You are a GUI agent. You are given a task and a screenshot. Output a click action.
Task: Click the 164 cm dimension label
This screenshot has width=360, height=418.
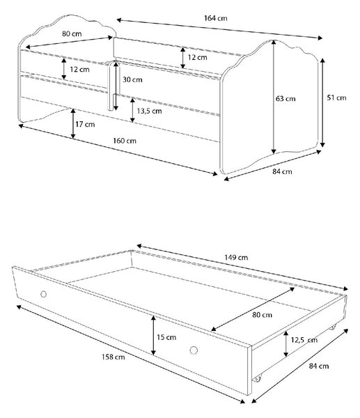(216, 18)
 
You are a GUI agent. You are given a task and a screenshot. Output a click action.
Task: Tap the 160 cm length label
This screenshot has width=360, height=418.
(125, 141)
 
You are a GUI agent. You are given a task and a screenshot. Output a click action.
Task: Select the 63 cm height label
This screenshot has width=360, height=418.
(285, 99)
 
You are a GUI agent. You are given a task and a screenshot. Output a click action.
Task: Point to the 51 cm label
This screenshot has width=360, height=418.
(336, 98)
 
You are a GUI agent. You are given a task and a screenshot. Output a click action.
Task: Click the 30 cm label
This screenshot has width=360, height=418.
(132, 79)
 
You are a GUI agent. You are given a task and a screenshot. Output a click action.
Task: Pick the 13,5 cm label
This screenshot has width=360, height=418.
(149, 111)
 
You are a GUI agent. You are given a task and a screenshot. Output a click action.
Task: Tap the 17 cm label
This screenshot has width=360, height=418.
(85, 124)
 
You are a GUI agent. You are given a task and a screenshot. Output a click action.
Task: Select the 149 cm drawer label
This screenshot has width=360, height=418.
(236, 257)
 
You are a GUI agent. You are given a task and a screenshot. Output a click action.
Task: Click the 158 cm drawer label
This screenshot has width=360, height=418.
(114, 357)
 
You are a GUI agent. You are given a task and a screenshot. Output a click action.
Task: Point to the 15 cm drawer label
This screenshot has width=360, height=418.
(166, 337)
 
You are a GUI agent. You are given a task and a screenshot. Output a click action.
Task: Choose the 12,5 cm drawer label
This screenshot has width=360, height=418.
(304, 340)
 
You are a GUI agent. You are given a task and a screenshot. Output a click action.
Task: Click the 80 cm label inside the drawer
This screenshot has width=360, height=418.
(263, 315)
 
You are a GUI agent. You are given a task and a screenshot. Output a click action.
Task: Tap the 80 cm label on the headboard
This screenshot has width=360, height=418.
(72, 34)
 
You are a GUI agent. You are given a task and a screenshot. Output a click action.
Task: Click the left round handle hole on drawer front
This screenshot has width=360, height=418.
(43, 294)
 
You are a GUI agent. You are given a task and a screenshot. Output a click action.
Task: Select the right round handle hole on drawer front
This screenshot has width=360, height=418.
(194, 350)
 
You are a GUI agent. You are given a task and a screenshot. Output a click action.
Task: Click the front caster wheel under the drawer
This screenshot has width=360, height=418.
(258, 378)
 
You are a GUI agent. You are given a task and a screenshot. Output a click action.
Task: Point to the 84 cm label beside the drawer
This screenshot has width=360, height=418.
(319, 366)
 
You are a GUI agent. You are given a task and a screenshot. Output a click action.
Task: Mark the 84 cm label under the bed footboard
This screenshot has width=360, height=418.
(282, 171)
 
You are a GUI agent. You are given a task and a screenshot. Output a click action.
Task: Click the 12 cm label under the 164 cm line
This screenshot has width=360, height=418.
(198, 57)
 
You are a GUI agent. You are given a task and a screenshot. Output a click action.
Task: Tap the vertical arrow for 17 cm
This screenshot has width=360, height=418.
(73, 124)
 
